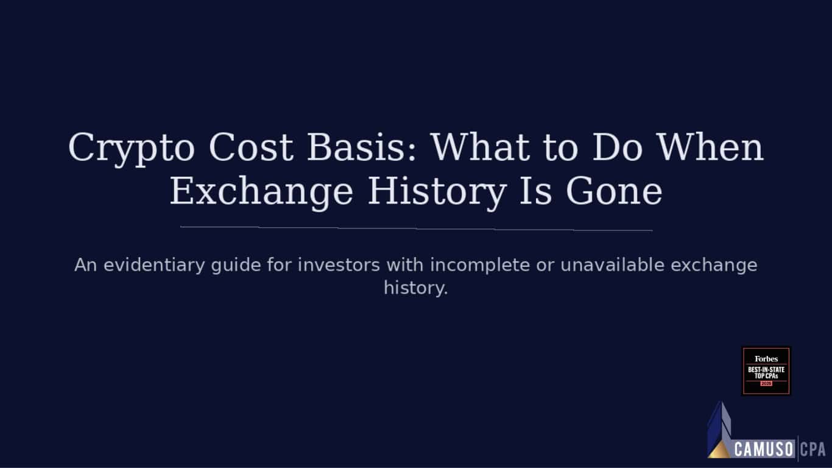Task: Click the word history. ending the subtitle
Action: [416, 288]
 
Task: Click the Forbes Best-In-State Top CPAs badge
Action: [766, 371]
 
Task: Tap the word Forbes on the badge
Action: [766, 359]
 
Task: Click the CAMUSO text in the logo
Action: [764, 450]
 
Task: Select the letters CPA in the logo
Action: [813, 450]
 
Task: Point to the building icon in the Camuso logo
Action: [719, 430]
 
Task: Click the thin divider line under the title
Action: [416, 229]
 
